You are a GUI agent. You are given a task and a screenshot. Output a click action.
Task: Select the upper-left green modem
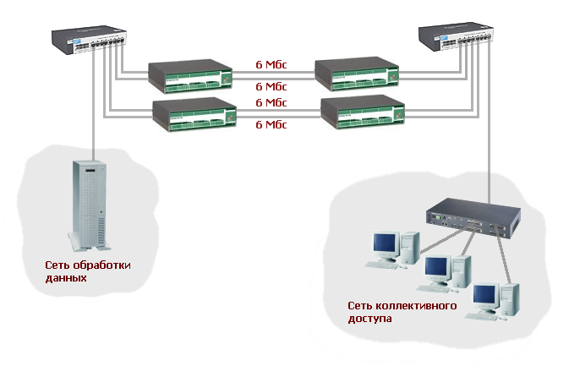coord(190,74)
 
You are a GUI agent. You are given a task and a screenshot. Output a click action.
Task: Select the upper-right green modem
coord(355,74)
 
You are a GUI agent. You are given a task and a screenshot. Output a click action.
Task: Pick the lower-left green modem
coord(194,113)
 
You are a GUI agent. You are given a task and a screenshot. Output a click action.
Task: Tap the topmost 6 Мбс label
coord(271,63)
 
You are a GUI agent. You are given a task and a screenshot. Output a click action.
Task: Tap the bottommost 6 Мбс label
coord(271,124)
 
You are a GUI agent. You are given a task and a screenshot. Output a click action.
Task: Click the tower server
coord(90,206)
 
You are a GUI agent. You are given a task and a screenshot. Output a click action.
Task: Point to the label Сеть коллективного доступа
coord(402,312)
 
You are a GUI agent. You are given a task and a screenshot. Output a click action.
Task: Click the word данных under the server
coord(66,277)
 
